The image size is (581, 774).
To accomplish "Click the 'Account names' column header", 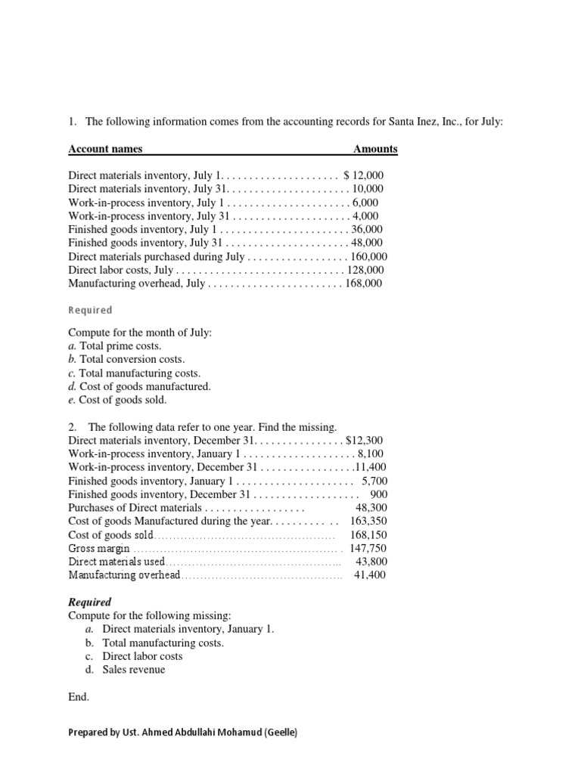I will coord(105,149).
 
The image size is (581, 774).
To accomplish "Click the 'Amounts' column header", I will coord(375,149).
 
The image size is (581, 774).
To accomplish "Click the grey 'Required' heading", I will coord(90,310).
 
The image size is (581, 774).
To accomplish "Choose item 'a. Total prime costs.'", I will coord(114,345).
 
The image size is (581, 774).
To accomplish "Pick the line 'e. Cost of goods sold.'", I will coord(117,400).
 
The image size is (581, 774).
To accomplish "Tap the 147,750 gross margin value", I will coord(368,548).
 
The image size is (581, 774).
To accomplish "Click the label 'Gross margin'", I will coord(99,548).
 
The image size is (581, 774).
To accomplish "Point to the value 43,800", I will coord(371,562).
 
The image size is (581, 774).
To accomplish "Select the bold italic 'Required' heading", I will coord(90,602).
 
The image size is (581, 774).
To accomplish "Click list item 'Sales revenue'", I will coord(133,670).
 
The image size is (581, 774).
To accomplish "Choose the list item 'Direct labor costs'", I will coord(142,656).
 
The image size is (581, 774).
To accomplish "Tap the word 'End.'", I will coord(79,697).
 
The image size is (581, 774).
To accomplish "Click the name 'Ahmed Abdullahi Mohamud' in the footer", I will coord(196,732).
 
